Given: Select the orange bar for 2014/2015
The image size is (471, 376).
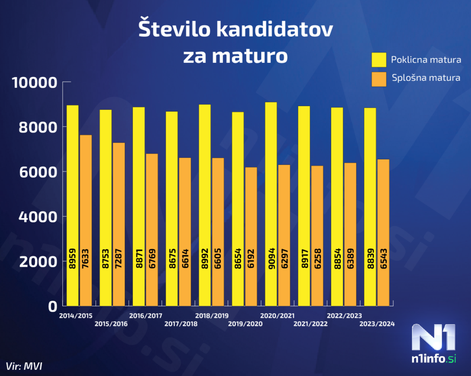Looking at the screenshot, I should (x=86, y=220).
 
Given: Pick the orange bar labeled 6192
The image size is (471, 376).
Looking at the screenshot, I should (x=251, y=236).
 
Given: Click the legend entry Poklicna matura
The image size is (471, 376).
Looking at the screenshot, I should (x=426, y=60).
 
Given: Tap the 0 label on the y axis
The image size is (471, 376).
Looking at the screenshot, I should (x=53, y=307).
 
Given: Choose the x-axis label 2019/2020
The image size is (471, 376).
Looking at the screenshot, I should (x=245, y=324).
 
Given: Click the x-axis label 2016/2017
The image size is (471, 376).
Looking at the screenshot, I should (x=146, y=316).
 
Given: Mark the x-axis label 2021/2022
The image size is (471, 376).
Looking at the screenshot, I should (x=311, y=324).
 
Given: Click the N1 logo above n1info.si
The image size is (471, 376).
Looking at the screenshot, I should (x=434, y=337).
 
